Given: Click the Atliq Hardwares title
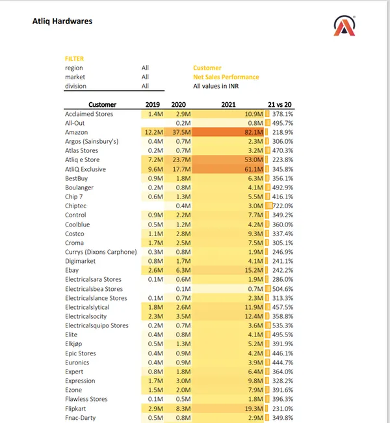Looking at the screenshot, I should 62,21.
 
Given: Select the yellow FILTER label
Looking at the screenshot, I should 74,59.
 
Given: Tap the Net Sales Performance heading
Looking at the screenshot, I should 226,77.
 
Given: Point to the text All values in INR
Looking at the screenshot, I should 221,86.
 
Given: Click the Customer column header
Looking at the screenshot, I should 102,104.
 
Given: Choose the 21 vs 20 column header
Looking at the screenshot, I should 280,104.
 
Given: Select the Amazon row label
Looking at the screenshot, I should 77,132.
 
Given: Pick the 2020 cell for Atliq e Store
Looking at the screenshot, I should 179,160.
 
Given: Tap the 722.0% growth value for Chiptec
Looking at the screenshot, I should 281,206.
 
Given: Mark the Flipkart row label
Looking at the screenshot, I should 77,408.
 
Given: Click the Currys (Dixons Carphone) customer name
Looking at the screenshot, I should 101,252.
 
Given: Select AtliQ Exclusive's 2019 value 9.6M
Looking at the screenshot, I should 154,169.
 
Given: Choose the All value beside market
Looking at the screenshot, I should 145,77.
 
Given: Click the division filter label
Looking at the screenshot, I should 75,86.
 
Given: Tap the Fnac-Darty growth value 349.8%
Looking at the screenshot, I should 281,417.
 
